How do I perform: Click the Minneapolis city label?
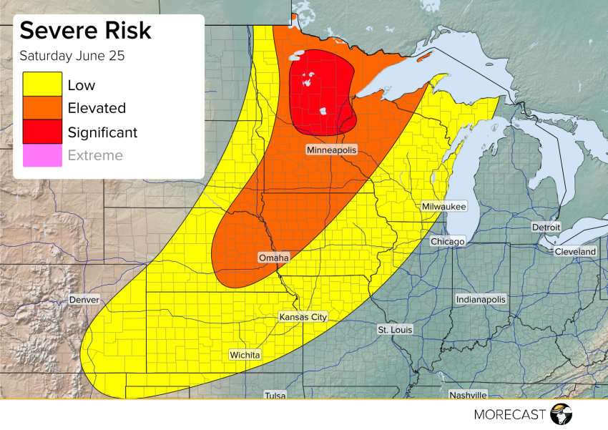point(331,150)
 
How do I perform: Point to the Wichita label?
point(245,355)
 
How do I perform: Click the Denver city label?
point(84,300)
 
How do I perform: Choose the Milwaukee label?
point(443,206)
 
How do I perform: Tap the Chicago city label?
point(448,242)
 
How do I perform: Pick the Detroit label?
point(546,227)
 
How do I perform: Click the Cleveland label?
point(575,252)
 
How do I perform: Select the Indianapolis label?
point(481,300)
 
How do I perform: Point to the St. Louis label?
point(394,330)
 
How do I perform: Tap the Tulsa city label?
point(275,395)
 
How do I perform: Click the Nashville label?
point(468,395)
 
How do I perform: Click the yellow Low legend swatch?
point(42,85)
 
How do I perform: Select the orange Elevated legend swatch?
point(42,108)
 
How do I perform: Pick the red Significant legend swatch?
point(42,132)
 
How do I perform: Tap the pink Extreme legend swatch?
point(42,155)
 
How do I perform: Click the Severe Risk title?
point(85,31)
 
